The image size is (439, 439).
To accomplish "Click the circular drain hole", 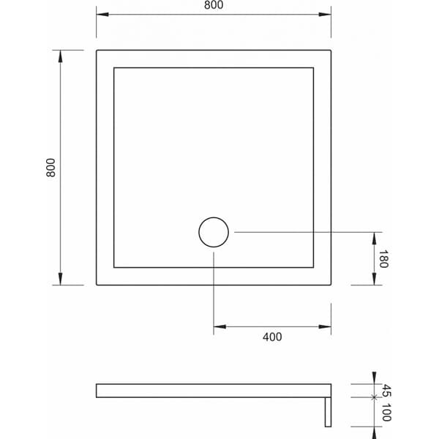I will click(x=214, y=233).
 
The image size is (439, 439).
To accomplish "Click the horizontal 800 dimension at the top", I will click(x=214, y=6).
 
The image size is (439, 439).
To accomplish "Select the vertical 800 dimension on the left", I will click(x=50, y=168).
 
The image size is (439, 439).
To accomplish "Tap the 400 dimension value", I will click(x=271, y=337).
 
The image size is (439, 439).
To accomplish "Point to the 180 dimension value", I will click(x=383, y=259).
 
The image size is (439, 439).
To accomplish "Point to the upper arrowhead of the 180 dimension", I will click(x=374, y=237).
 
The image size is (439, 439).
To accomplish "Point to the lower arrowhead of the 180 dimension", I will click(x=374, y=279).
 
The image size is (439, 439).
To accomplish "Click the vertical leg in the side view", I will click(x=328, y=411).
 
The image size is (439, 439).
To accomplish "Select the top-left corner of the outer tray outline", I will click(x=97, y=50).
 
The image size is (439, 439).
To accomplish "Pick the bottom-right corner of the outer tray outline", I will click(x=331, y=285).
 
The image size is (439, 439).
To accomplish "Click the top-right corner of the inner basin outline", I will click(x=313, y=68).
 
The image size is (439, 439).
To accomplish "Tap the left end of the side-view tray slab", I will click(x=97, y=391).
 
